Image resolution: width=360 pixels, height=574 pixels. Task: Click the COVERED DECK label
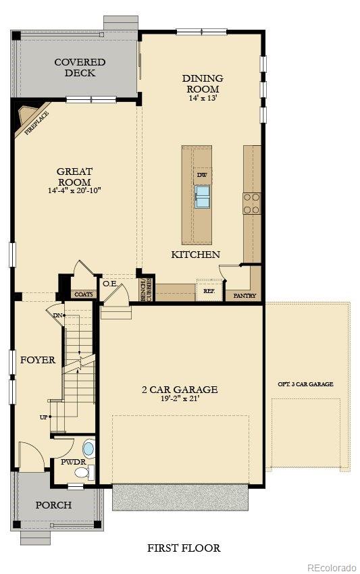pos(80,68)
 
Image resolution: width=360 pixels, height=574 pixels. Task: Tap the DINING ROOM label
pos(202,84)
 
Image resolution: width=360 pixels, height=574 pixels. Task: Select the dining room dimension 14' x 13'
pos(202,99)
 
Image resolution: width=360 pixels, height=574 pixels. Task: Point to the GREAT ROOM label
pos(74,177)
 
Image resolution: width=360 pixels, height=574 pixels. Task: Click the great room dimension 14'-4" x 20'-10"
pos(74,191)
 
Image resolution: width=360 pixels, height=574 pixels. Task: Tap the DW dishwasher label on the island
pos(201,176)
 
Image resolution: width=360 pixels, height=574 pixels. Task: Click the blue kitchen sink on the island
pos(203,197)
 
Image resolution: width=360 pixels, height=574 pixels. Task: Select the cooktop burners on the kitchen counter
pos(251,203)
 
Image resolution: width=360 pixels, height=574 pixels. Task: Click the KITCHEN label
pos(195,255)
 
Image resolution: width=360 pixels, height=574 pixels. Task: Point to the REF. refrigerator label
pos(208,291)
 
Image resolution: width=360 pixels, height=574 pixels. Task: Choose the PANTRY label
pos(244,296)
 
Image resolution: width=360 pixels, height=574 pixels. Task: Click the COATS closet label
pos(84,294)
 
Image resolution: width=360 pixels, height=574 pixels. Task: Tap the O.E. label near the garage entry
pos(109,284)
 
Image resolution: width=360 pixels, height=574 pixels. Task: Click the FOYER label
pos(37,360)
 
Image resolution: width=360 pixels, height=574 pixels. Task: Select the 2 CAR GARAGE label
pos(179,389)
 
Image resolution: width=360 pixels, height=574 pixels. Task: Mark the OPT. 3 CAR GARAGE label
pos(305,384)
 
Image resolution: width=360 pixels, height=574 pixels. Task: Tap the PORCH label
pos(53,504)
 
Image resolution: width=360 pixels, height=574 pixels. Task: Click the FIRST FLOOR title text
pos(184,548)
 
